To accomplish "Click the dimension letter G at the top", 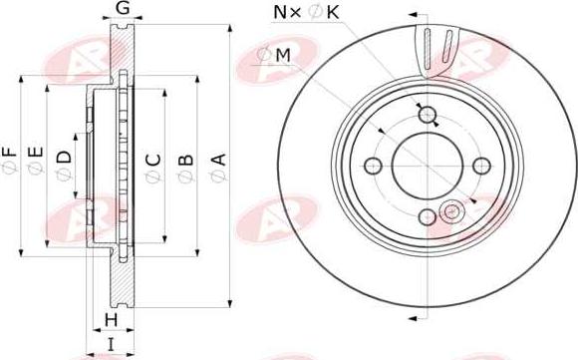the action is tap(123, 8).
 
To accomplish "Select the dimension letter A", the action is tap(218, 160).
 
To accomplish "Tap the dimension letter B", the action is tap(186, 161).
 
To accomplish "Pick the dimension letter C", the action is tap(153, 160).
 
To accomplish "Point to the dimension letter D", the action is tap(64, 158).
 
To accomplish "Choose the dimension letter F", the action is tap(10, 153).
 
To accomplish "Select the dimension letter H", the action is tap(111, 320).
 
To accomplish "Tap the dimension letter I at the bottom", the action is tap(111, 344).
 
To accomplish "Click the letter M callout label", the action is tap(283, 55).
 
